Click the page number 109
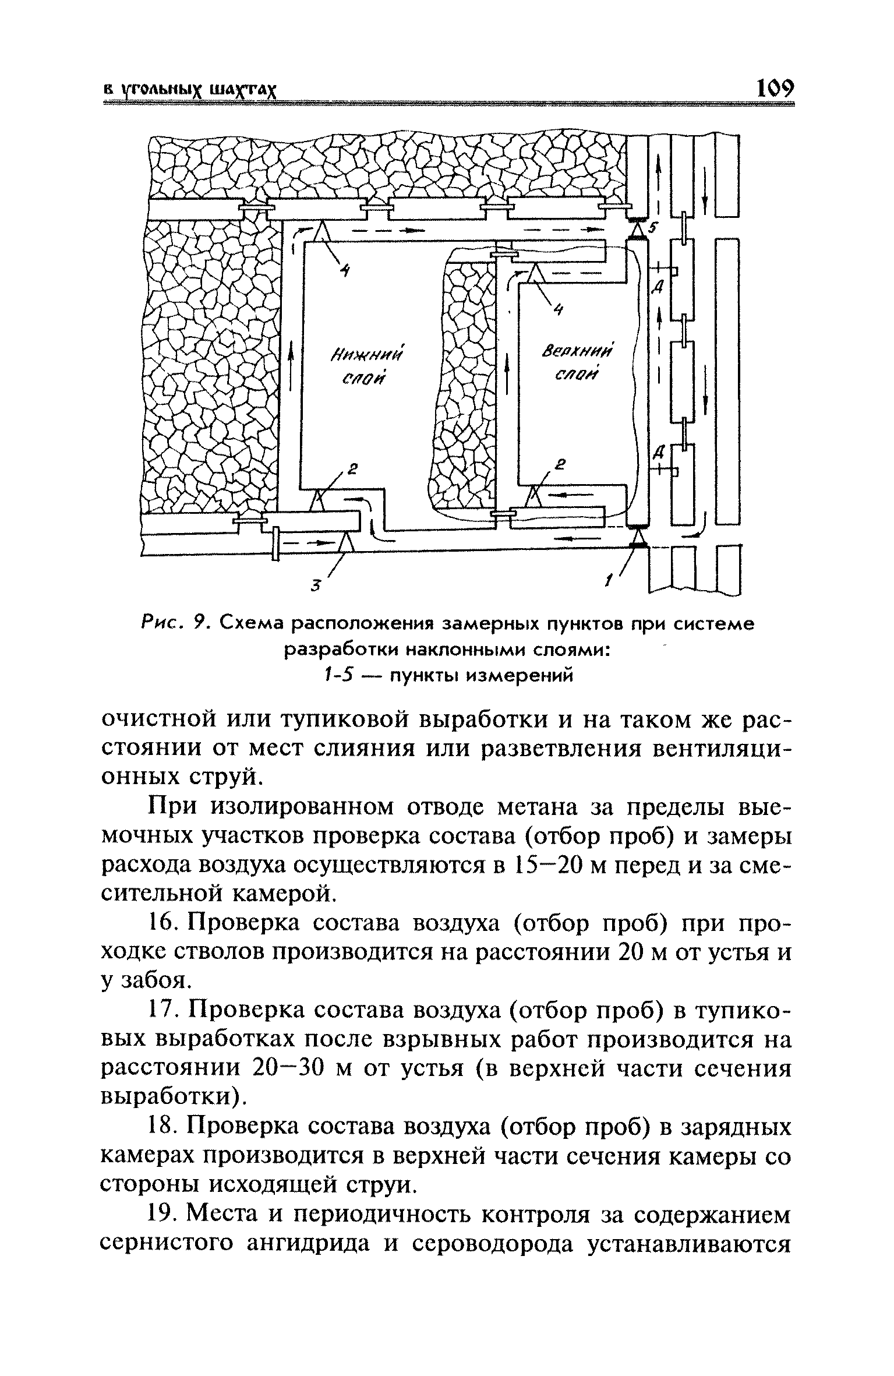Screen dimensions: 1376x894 click(774, 89)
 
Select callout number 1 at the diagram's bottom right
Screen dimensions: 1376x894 click(609, 580)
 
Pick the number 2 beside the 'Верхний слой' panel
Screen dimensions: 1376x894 click(561, 464)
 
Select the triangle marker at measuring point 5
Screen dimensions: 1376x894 click(639, 228)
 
